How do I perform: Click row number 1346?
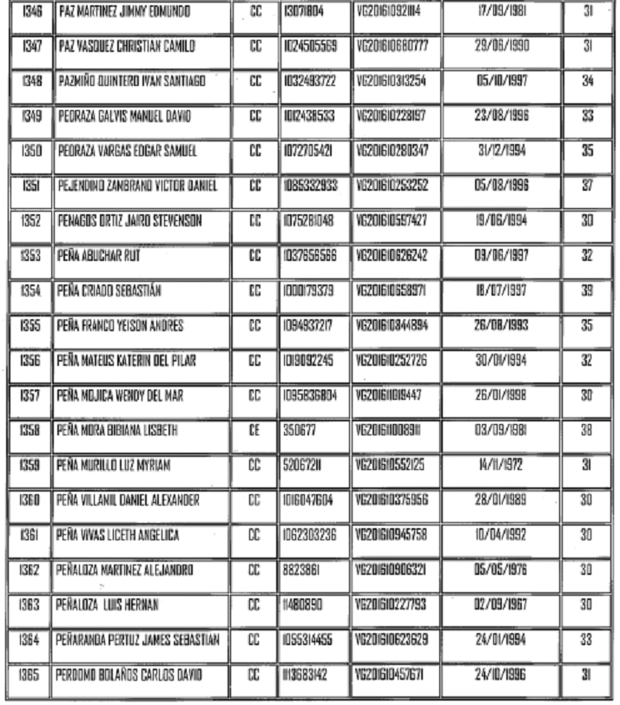coord(30,16)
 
